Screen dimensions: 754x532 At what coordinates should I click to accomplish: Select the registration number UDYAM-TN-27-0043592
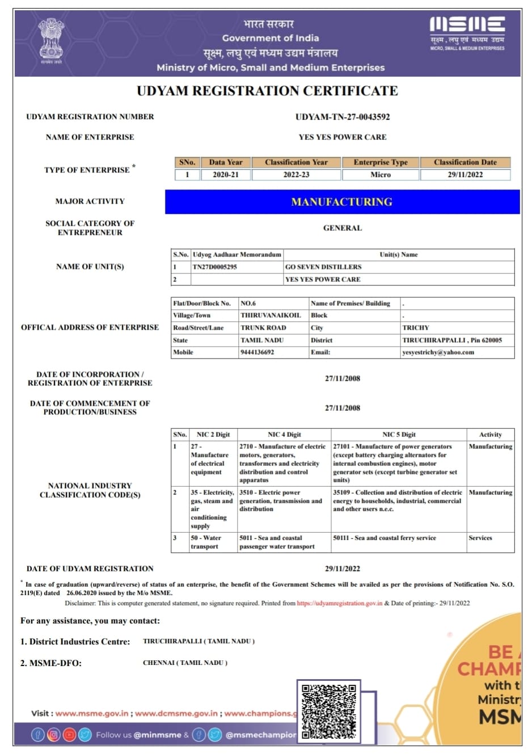click(x=343, y=117)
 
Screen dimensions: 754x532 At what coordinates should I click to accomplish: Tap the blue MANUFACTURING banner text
click(x=342, y=202)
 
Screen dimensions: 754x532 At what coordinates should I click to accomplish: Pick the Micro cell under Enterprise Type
click(x=381, y=175)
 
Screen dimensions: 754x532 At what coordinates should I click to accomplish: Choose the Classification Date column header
click(x=465, y=162)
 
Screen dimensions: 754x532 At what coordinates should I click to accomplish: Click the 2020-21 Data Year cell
click(x=226, y=175)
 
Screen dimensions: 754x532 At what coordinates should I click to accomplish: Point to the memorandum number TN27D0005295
click(x=215, y=267)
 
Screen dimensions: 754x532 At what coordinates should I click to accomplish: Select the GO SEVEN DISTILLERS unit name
click(x=323, y=267)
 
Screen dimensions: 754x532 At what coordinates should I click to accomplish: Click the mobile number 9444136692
click(x=257, y=352)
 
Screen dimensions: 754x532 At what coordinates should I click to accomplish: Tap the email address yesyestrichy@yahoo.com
click(x=438, y=352)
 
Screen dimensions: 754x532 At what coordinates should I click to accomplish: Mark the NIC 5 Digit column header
click(x=399, y=435)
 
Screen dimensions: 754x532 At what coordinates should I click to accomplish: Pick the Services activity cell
click(x=480, y=538)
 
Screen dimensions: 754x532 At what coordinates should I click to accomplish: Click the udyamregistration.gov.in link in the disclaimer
click(x=339, y=603)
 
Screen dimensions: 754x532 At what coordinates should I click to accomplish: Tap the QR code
click(x=329, y=711)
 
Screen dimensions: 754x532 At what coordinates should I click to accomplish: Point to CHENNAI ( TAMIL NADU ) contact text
click(x=185, y=663)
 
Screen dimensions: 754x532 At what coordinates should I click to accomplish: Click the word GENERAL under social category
click(x=343, y=228)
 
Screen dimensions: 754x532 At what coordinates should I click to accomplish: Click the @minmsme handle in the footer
click(x=157, y=735)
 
